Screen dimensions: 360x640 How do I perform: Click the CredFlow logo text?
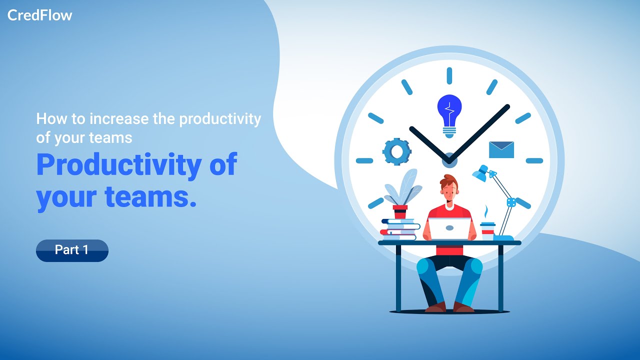click(39, 15)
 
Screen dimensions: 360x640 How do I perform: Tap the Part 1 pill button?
click(72, 250)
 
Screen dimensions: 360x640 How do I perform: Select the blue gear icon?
click(397, 151)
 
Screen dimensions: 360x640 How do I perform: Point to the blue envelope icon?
click(501, 149)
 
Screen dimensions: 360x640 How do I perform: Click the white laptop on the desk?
click(449, 229)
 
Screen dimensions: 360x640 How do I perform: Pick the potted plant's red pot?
click(400, 211)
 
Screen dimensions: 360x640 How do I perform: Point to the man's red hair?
click(449, 179)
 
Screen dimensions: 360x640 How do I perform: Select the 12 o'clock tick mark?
click(449, 75)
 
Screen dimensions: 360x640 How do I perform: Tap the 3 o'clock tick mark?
click(534, 160)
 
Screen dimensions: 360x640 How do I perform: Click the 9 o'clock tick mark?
click(364, 160)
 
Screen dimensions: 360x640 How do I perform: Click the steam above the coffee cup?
click(485, 211)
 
